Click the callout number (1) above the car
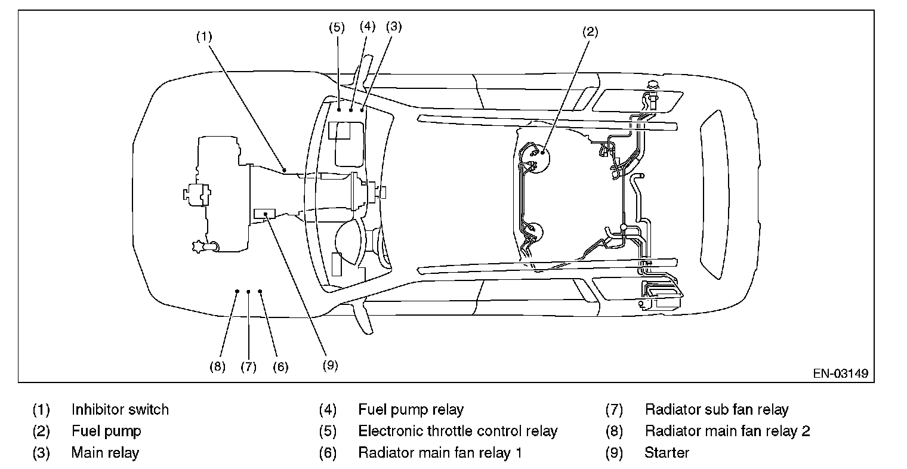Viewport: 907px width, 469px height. (204, 36)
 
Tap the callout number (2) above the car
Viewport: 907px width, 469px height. (590, 33)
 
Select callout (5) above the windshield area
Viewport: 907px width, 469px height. (337, 27)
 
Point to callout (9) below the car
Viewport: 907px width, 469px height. (330, 365)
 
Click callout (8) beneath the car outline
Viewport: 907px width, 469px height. (217, 366)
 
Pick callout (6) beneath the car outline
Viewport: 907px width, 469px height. (280, 366)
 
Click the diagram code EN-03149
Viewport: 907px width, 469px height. (840, 374)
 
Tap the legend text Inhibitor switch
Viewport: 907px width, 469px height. (120, 410)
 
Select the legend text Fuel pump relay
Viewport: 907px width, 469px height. (411, 410)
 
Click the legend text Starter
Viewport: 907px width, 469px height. (667, 453)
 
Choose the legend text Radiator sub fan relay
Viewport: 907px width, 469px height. (717, 410)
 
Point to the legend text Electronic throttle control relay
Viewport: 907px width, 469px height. (458, 431)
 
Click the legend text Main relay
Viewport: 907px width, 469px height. (105, 453)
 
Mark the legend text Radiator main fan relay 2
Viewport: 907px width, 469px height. (727, 431)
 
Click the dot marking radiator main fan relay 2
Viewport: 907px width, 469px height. (237, 291)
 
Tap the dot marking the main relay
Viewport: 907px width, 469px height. (362, 110)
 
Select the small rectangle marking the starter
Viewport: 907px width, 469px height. (264, 214)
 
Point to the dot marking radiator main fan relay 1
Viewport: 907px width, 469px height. (260, 291)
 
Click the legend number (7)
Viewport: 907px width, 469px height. (614, 410)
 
